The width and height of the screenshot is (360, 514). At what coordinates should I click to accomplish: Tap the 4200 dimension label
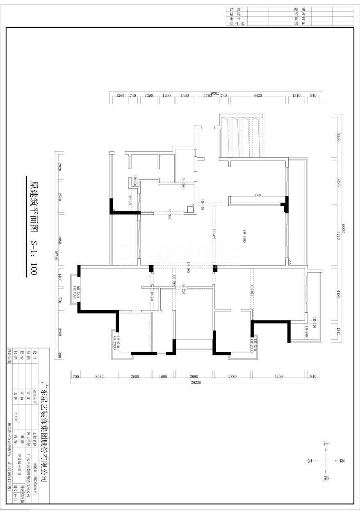coord(279,376)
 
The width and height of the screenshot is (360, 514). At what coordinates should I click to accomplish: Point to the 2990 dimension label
coord(194,376)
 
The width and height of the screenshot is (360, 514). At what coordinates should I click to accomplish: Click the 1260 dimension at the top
coord(120,95)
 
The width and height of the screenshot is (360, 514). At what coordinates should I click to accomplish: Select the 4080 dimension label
coord(60,239)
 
